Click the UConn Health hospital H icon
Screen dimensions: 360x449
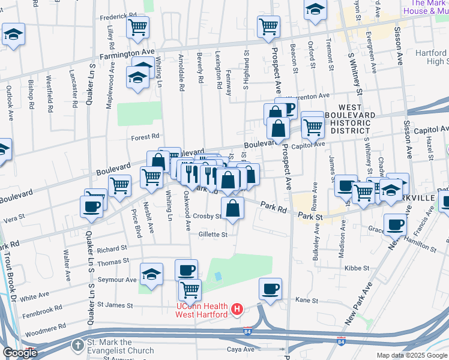click(x=238, y=310)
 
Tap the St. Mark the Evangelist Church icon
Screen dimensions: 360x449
click(x=77, y=345)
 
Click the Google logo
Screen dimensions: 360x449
click(x=20, y=353)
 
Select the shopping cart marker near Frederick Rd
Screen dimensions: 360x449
click(x=138, y=26)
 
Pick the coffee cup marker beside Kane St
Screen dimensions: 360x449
click(x=270, y=289)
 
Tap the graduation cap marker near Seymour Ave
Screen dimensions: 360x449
click(x=151, y=275)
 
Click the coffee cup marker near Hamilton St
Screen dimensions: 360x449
click(x=394, y=224)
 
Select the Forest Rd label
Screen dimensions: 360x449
click(x=146, y=137)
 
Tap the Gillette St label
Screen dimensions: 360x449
click(x=213, y=235)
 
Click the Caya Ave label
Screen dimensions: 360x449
click(x=241, y=349)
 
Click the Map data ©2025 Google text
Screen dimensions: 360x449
click(x=411, y=355)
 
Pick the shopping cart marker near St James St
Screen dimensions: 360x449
click(x=190, y=290)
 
